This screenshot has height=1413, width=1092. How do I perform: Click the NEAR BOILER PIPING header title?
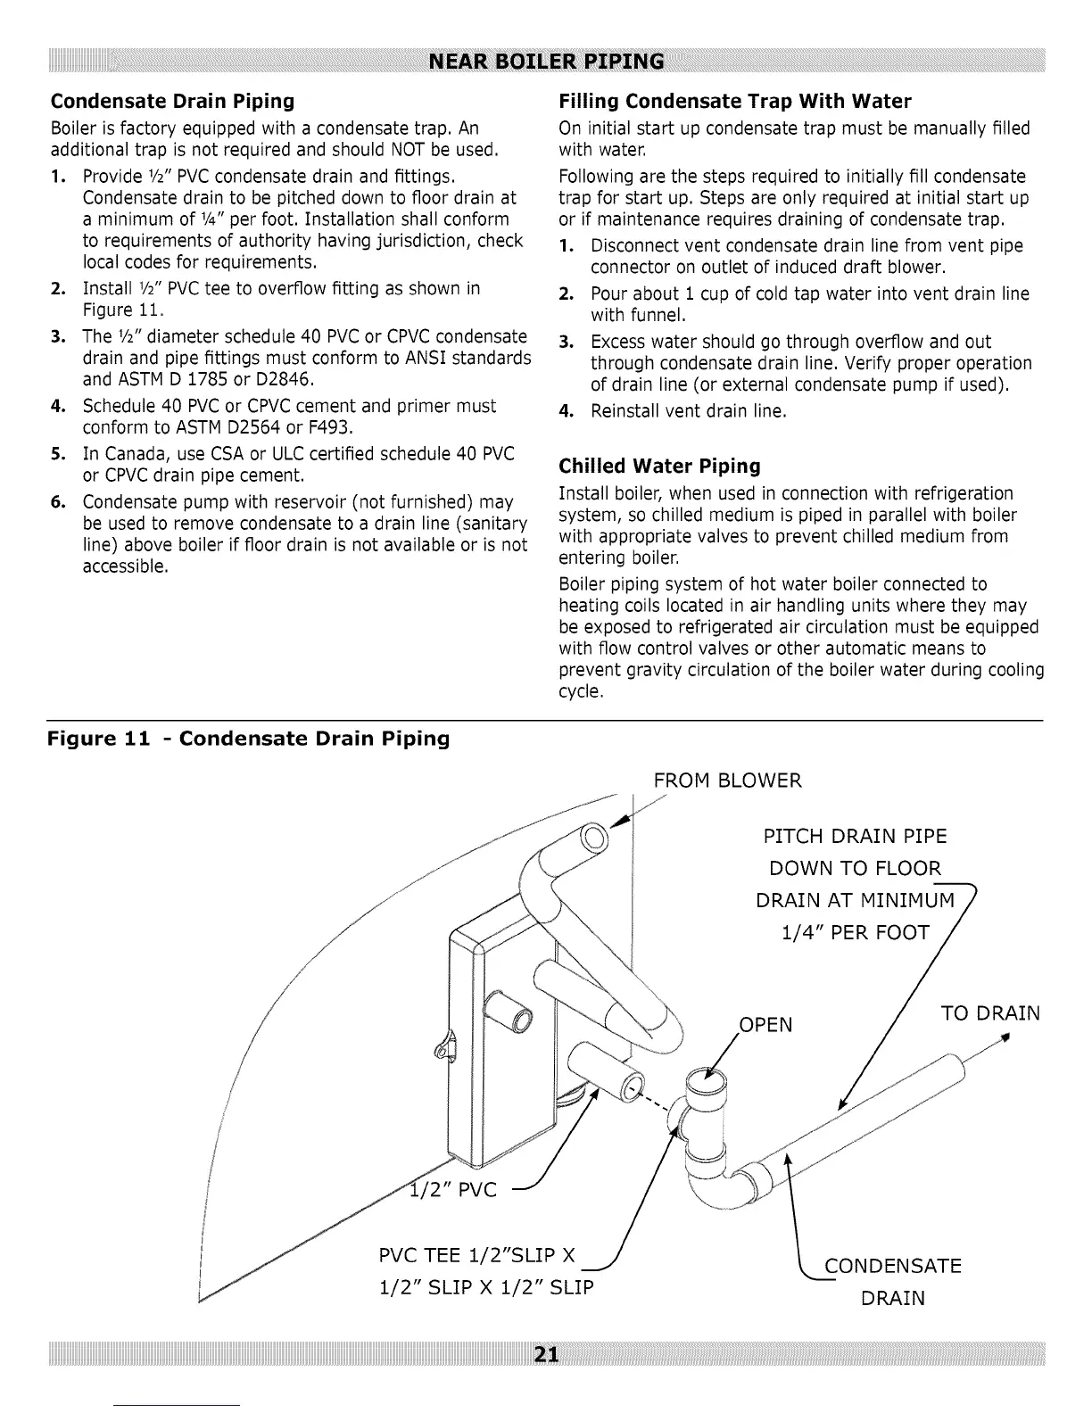click(x=546, y=62)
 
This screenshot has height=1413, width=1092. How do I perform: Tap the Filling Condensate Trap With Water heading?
click(x=735, y=100)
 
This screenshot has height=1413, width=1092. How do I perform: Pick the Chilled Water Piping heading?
click(x=659, y=466)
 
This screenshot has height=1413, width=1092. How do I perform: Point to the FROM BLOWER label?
click(x=727, y=781)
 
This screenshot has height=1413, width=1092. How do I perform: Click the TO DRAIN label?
click(x=990, y=1014)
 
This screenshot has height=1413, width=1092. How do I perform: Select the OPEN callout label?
click(x=766, y=1025)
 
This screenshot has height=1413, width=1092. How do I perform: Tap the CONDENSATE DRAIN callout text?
click(x=893, y=1281)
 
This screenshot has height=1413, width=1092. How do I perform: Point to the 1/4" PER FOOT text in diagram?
click(x=855, y=933)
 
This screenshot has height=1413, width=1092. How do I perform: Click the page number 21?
click(x=546, y=1355)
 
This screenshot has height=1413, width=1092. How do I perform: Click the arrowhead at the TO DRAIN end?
click(x=1005, y=1037)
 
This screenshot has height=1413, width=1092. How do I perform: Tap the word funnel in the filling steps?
click(x=655, y=315)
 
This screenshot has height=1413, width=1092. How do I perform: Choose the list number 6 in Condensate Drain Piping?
click(x=55, y=502)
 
